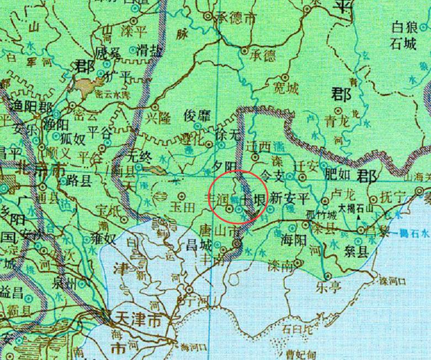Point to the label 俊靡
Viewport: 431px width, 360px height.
pyautogui.click(x=198, y=116)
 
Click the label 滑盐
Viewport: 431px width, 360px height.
pyautogui.click(x=149, y=52)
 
